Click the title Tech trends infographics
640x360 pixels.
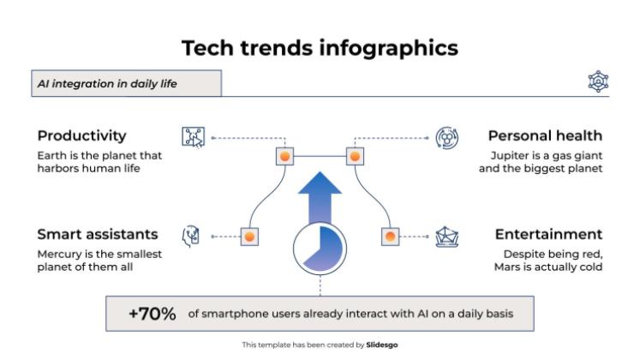click(x=320, y=48)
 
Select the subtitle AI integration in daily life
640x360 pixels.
click(x=107, y=83)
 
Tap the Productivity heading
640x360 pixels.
click(x=81, y=135)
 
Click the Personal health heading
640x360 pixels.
click(x=545, y=135)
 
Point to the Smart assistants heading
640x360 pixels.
click(x=97, y=234)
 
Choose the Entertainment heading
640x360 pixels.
click(x=548, y=234)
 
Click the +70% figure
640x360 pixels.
click(x=153, y=314)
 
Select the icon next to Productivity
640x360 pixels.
click(x=194, y=137)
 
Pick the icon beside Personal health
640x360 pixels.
click(x=446, y=137)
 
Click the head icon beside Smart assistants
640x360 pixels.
click(x=193, y=236)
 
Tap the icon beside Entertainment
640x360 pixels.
click(x=446, y=236)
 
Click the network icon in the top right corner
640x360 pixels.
click(x=597, y=82)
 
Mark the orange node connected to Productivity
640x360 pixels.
click(x=284, y=157)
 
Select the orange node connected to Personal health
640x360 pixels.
click(x=354, y=157)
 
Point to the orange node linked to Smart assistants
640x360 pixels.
click(x=248, y=236)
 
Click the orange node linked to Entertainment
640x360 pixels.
click(x=390, y=236)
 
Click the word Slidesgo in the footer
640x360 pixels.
click(x=382, y=345)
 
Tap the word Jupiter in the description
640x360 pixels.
click(x=510, y=155)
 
